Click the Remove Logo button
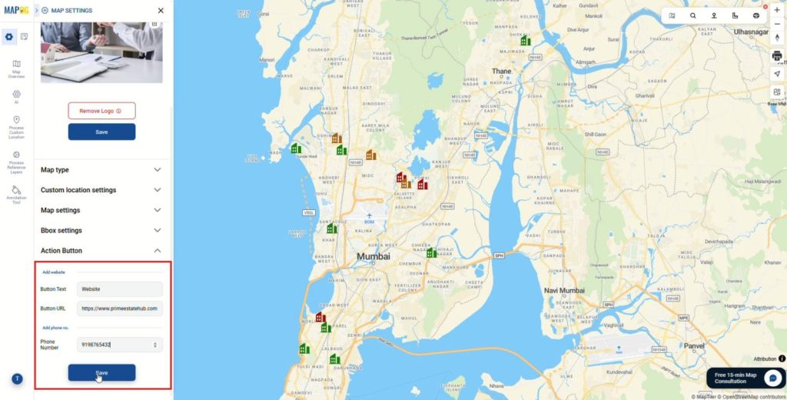101,111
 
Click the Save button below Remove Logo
101,132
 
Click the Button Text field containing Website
120,289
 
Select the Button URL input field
120,308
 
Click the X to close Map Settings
160,11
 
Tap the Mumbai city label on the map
373,256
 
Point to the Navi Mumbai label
565,290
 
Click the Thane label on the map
501,72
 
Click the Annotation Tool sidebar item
16,193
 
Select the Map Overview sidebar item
16,68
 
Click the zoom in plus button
777,11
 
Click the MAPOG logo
16,10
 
